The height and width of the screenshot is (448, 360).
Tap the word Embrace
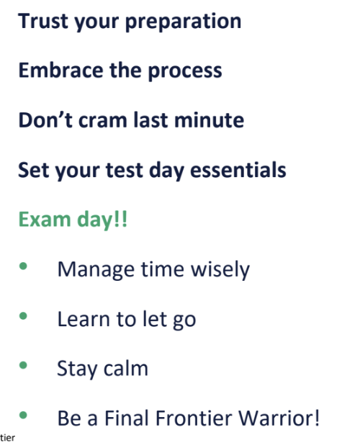(x=58, y=71)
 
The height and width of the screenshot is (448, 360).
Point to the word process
(x=184, y=72)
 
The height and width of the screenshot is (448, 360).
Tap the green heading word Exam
(x=41, y=220)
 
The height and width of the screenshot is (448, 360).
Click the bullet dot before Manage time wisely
(x=24, y=267)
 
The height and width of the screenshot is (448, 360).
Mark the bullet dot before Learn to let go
(x=24, y=317)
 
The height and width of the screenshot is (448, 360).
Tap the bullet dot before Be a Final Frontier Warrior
(x=24, y=415)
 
